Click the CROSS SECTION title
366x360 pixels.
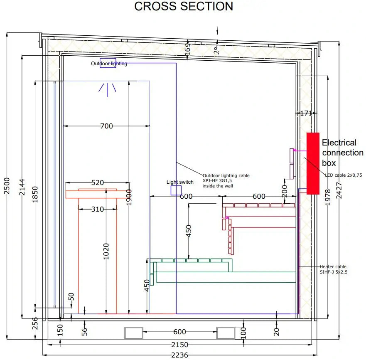pos(184,7)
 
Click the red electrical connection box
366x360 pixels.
pos(313,163)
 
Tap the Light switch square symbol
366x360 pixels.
pos(176,190)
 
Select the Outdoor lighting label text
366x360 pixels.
pos(109,64)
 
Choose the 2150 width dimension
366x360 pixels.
pos(180,345)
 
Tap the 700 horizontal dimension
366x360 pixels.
pos(106,126)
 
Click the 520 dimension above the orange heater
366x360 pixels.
pos(97,182)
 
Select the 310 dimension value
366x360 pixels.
pos(98,210)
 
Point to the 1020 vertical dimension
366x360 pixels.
pos(106,252)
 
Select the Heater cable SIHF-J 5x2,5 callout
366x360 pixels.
pos(333,269)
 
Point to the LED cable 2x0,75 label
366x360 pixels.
pos(343,175)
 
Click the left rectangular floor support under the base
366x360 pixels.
pos(134,333)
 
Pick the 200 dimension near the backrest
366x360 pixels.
pos(285,190)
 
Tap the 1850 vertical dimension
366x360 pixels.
pos(35,195)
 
